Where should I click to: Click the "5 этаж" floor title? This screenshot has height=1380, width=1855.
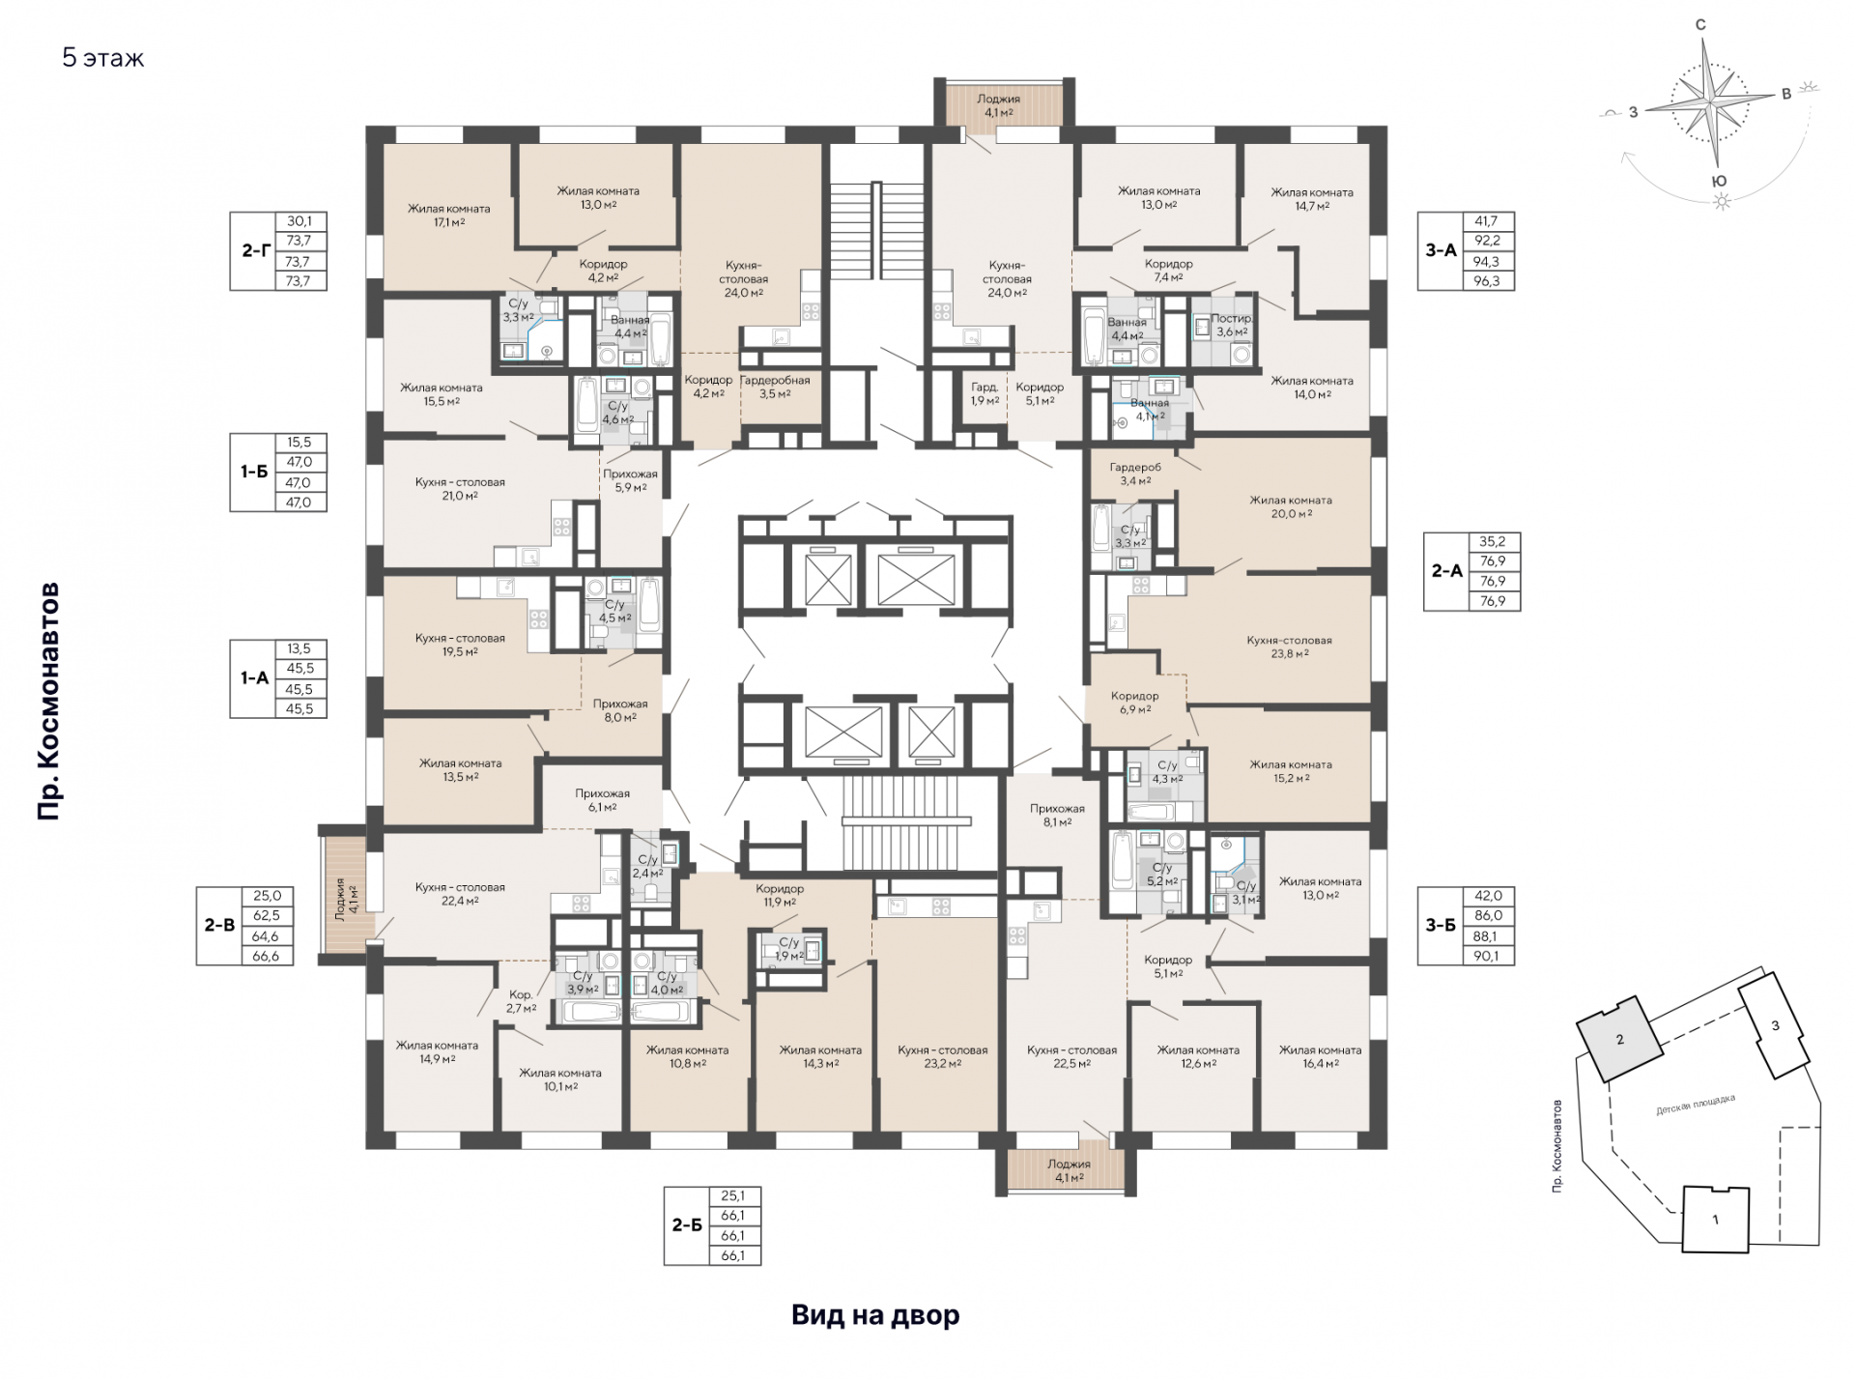coord(103,58)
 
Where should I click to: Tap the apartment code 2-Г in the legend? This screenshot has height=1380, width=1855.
coord(255,251)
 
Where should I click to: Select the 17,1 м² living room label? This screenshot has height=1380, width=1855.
coord(448,216)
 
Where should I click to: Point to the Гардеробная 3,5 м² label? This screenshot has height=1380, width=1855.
coord(775,387)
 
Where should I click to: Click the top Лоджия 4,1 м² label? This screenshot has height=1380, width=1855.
coord(998,105)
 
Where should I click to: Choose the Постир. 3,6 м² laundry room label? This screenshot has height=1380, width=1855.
coord(1232,325)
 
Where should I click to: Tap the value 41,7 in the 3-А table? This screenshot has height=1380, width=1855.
coord(1488,221)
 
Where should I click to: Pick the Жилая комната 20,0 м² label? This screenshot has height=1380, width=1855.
coord(1291,507)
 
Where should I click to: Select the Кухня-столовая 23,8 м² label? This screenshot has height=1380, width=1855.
coord(1289,647)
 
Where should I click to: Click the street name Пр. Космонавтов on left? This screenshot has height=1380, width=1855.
coord(48,702)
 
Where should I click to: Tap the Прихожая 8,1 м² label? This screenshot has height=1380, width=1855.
coord(1057,816)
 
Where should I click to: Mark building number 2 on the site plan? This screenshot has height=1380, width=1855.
coord(1620,1040)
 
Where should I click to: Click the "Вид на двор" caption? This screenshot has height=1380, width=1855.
coord(875,1315)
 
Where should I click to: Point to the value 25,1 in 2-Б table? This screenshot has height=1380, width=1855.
coord(732,1196)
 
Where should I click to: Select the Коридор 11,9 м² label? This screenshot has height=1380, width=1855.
coord(779,896)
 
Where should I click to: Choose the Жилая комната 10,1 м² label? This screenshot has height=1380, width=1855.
coord(559,1079)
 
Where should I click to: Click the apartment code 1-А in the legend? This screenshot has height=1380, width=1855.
coord(255,678)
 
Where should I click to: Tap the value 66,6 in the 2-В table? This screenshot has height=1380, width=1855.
coord(266,956)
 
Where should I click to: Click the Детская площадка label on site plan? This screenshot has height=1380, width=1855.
coord(1696,1105)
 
